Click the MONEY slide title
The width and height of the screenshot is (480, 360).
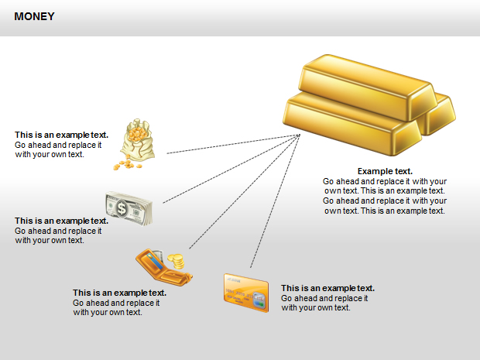(34, 16)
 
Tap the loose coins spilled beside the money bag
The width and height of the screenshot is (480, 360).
(121, 165)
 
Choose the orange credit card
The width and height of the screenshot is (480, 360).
(245, 291)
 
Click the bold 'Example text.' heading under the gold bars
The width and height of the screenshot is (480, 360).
(385, 171)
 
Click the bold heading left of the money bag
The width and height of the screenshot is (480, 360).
(61, 135)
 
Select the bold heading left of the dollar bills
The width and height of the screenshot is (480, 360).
(61, 221)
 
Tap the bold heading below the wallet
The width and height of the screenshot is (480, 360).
(119, 293)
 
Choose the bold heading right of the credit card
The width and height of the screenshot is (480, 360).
(327, 288)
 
